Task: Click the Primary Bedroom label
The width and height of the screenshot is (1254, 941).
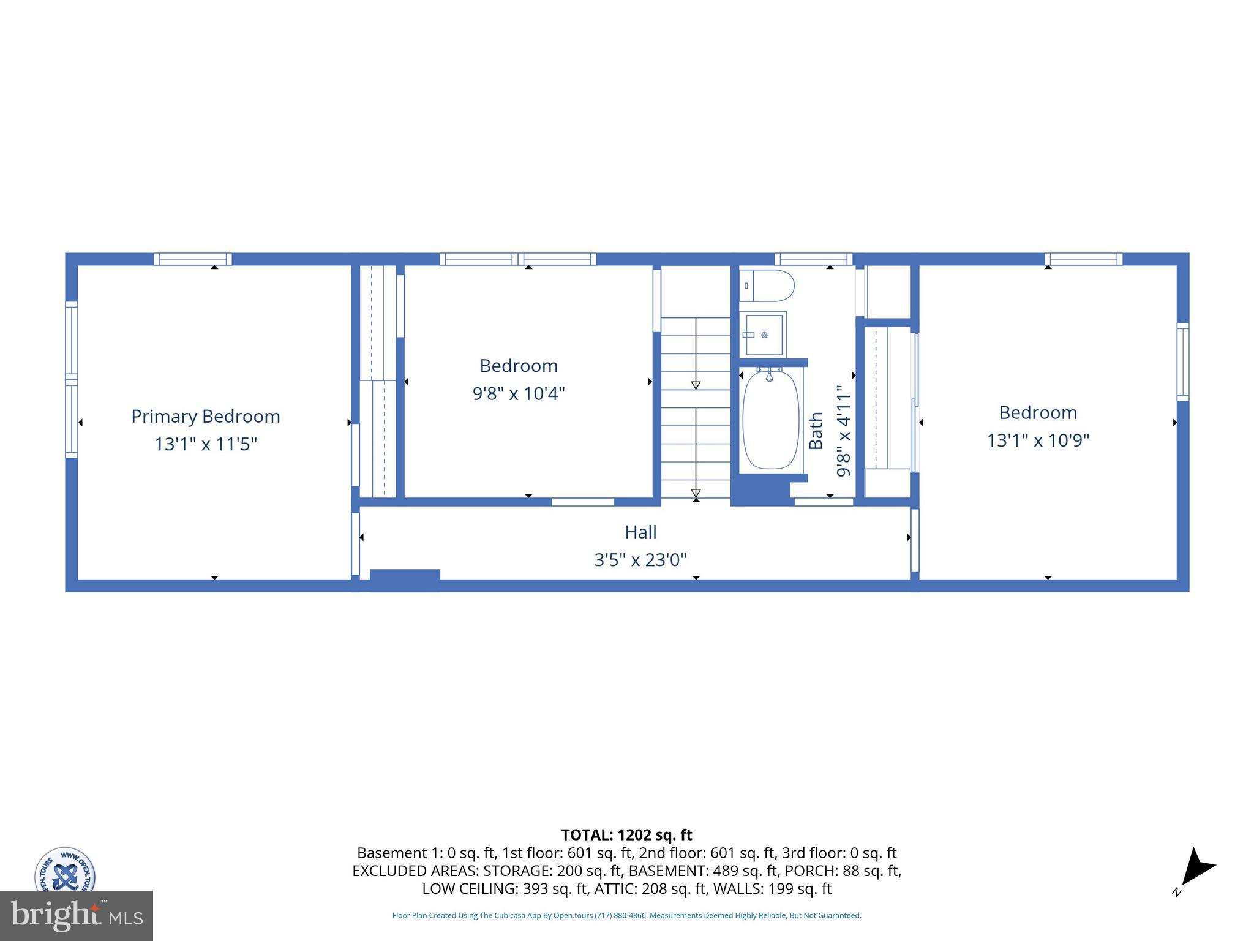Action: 206,417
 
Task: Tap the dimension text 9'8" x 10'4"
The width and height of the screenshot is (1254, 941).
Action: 518,393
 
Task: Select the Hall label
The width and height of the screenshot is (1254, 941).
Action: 640,532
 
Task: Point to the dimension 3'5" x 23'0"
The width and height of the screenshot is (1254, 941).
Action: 640,560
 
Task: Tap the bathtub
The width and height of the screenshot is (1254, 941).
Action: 770,420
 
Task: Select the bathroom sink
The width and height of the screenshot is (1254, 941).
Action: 764,334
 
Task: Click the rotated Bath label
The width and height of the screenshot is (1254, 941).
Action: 816,431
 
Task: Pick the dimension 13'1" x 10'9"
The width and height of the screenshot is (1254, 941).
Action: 1038,440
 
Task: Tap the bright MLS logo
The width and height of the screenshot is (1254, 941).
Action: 76,915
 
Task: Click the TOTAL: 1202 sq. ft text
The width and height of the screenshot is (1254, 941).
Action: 626,835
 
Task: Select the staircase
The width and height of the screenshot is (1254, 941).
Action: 696,407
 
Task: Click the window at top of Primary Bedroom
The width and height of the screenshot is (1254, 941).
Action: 192,259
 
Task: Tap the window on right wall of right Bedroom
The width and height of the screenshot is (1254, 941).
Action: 1183,362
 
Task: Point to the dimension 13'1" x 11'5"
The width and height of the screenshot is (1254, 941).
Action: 206,444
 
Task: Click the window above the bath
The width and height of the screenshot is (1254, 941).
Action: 813,259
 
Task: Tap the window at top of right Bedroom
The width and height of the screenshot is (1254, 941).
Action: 1083,259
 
